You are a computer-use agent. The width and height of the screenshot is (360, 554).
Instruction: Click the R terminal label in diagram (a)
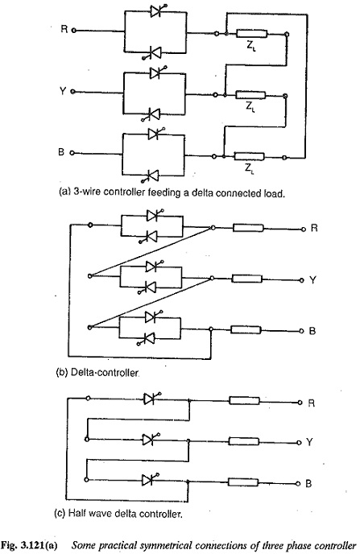[x=64, y=30]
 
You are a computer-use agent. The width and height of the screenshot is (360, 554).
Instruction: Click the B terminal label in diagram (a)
[x=64, y=152]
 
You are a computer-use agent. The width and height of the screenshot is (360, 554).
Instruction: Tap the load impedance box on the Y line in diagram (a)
[x=254, y=94]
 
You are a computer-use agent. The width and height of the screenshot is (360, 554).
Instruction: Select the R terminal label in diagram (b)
[x=315, y=228]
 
